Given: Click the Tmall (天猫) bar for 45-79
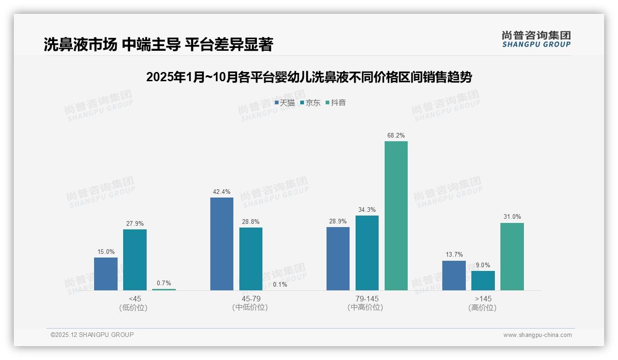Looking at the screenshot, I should [x=222, y=244].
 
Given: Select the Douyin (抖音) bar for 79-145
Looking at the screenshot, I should [x=396, y=216].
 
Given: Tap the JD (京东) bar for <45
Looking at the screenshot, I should [x=135, y=260].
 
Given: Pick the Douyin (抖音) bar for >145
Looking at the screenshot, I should [x=512, y=257].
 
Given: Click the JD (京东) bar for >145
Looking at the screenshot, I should [x=483, y=281].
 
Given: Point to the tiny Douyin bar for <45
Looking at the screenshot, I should [x=164, y=289].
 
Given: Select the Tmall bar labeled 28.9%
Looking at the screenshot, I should [x=338, y=258].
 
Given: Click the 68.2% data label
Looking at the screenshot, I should [x=396, y=136].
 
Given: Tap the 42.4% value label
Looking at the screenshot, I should [x=222, y=192].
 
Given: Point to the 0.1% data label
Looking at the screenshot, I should [x=279, y=285].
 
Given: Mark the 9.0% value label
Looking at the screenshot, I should [x=483, y=265].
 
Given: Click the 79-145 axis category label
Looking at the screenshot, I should [x=367, y=299].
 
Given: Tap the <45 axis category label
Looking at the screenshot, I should [x=135, y=299].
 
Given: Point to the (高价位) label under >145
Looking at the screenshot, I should [x=483, y=308].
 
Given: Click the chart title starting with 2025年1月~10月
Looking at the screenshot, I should [x=309, y=77].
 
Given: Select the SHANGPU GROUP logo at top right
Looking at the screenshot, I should [x=536, y=39].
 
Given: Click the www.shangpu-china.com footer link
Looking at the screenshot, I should [x=537, y=335].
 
